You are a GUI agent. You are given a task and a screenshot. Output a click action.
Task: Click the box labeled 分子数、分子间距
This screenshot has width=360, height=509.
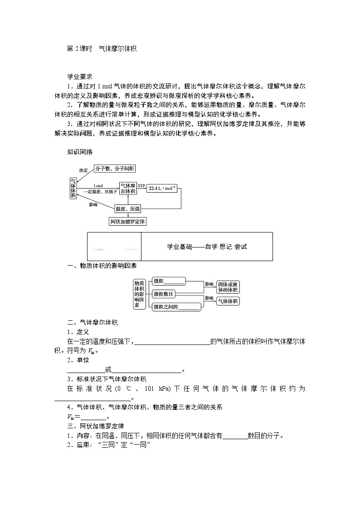point(115,169)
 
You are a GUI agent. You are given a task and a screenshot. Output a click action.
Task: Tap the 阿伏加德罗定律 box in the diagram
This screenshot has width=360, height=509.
point(128,222)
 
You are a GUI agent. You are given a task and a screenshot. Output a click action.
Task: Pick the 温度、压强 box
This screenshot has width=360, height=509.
point(128,208)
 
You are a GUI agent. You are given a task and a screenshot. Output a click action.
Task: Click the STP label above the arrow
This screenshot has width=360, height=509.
point(141,186)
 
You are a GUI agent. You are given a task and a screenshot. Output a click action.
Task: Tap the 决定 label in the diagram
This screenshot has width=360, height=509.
point(83,170)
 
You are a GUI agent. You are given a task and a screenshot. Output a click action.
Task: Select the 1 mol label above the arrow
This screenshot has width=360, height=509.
point(98,186)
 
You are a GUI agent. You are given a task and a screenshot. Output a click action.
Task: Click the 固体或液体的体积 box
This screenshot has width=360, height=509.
point(228,287)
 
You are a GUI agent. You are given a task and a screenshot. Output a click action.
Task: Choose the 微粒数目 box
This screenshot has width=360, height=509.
point(163,294)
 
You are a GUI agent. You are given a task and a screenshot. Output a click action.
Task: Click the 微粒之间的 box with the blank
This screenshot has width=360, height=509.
point(177,307)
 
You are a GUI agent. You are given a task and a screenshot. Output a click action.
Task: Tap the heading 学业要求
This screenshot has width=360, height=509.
point(80,77)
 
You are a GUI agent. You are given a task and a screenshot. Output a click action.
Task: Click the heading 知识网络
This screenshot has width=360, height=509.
point(80,152)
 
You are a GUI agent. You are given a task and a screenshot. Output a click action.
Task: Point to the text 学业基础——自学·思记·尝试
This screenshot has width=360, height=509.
point(207,247)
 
